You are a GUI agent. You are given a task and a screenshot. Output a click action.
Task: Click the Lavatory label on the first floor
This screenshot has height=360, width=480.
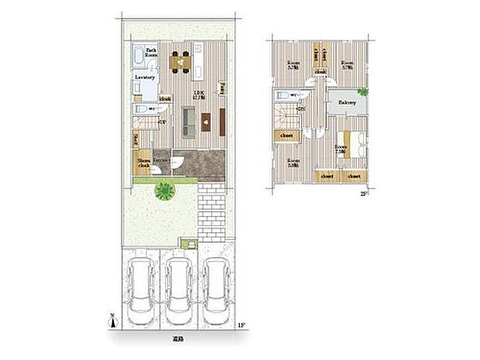(146, 78)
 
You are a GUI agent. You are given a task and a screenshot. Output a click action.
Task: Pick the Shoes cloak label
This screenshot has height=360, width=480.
(144, 163)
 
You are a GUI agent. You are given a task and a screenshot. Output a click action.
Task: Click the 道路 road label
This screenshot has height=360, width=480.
(179, 339)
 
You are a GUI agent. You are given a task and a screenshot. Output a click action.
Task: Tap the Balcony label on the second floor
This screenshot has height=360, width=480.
(347, 102)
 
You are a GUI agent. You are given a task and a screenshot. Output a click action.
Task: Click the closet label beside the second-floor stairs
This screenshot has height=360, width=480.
(284, 134)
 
